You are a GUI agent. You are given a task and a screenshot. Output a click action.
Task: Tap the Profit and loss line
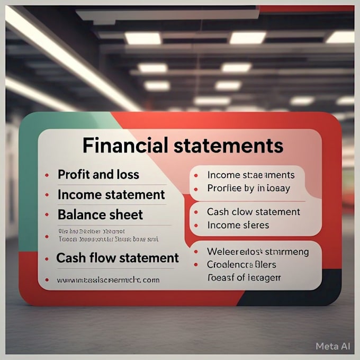click(98, 174)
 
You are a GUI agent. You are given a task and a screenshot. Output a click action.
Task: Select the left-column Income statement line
click(111, 194)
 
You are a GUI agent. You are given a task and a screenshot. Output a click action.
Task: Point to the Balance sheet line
click(100, 214)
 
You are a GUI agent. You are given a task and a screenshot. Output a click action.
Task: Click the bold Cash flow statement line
click(118, 258)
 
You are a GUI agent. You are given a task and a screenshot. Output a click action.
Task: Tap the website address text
click(108, 280)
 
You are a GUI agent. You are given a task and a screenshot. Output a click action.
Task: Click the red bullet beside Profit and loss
click(47, 175)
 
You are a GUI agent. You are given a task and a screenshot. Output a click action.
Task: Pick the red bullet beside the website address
click(47, 280)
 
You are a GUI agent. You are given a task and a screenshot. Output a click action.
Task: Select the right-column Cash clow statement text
click(254, 212)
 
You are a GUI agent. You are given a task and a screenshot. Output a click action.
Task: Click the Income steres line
click(238, 225)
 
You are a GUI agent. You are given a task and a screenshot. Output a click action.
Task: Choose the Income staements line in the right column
click(251, 175)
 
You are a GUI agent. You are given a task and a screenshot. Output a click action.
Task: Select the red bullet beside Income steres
click(196, 226)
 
